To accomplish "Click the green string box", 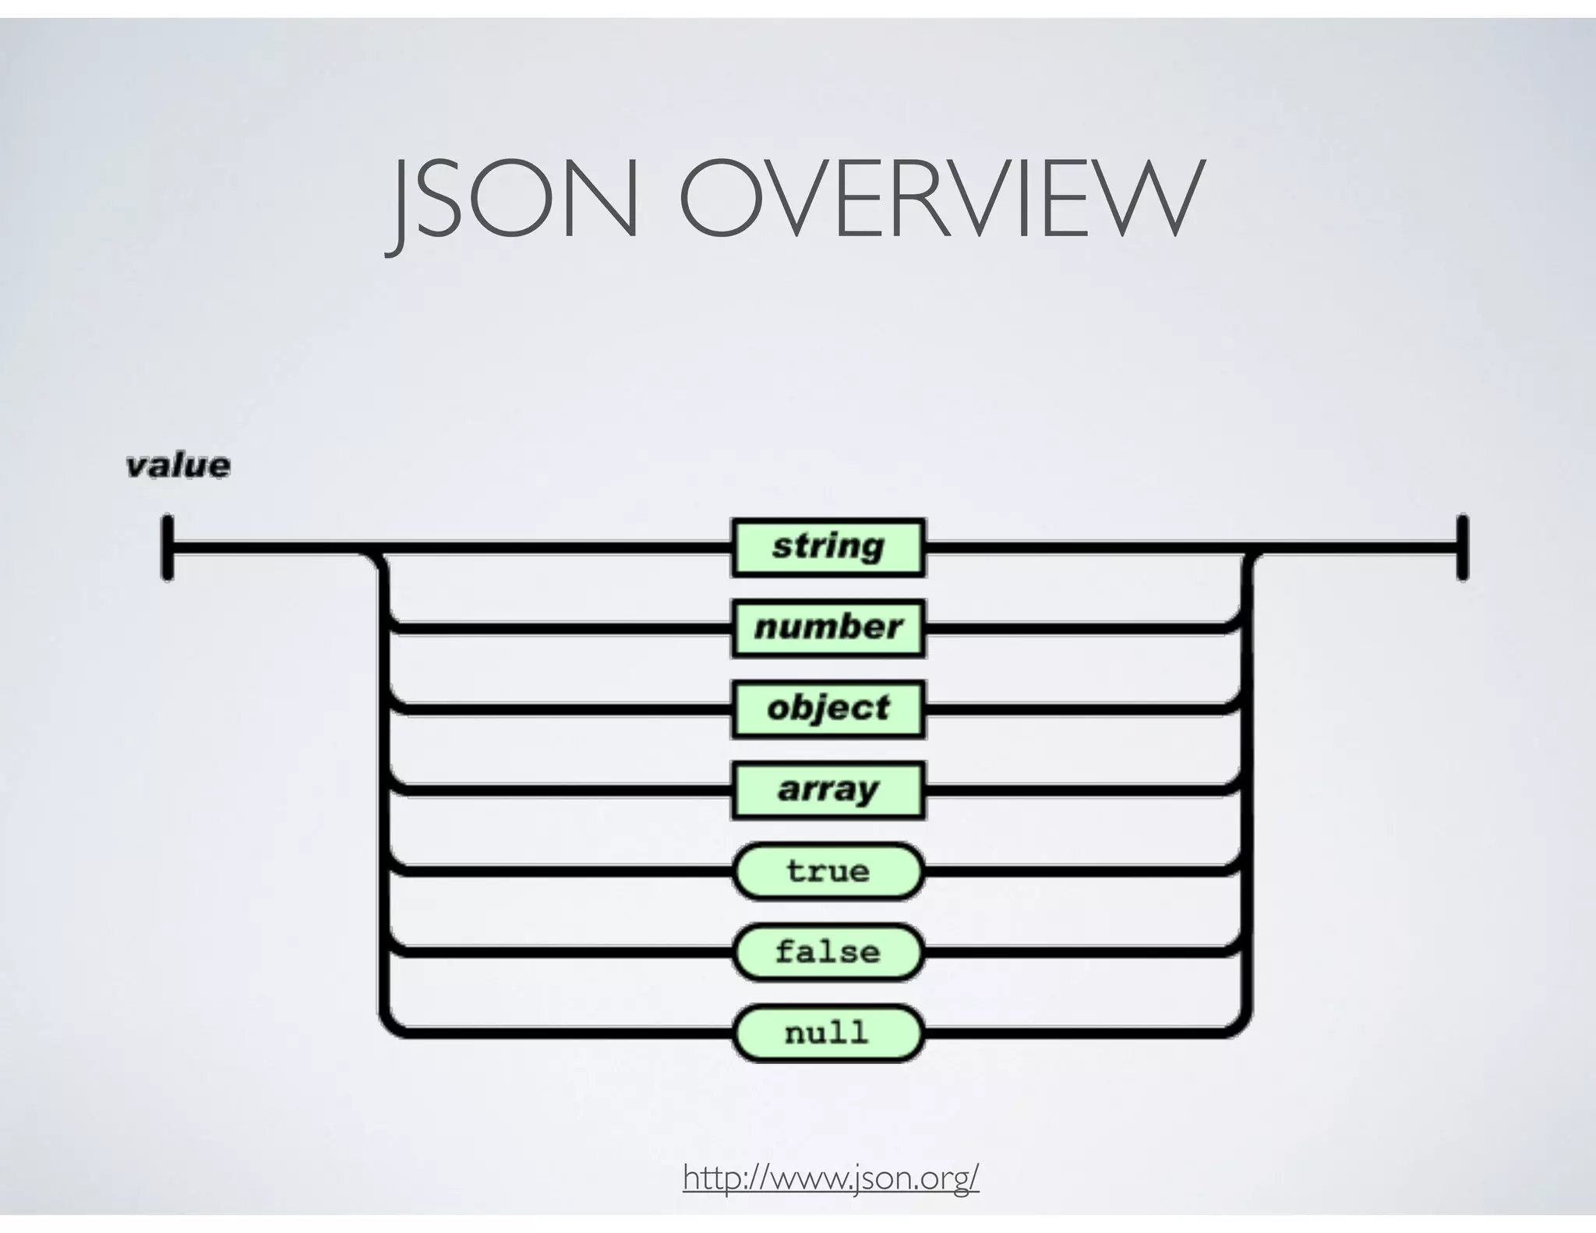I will pyautogui.click(x=828, y=547).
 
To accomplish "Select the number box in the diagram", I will pyautogui.click(x=828, y=628).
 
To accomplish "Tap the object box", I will pyautogui.click(x=828, y=709).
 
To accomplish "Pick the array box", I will pyautogui.click(x=828, y=790).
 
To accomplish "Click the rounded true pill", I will pyautogui.click(x=828, y=871).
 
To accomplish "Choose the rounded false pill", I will pyautogui.click(x=828, y=952).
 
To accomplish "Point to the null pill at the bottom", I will pyautogui.click(x=828, y=1033).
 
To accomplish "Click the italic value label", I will pyautogui.click(x=178, y=466).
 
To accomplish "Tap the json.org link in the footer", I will pyautogui.click(x=831, y=1177).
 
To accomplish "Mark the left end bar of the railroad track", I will pyautogui.click(x=168, y=547).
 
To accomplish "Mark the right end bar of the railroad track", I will pyautogui.click(x=1463, y=547).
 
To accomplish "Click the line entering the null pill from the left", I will pyautogui.click(x=561, y=1033).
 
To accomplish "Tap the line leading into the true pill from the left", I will pyautogui.click(x=561, y=871).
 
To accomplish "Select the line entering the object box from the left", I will pyautogui.click(x=561, y=709).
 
